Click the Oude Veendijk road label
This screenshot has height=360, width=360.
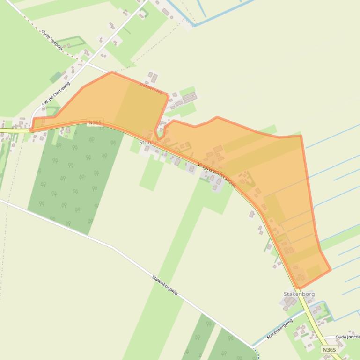click(52, 40)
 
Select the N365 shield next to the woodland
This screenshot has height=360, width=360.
click(94, 122)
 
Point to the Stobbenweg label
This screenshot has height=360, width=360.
click(151, 87)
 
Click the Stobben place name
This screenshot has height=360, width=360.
click(150, 142)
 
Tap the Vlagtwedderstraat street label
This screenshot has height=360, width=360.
click(217, 175)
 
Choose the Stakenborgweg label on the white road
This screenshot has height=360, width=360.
click(165, 285)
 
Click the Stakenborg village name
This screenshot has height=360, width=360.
click(299, 294)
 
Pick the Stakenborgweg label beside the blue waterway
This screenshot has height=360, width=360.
click(279, 329)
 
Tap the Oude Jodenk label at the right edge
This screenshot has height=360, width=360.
click(347, 337)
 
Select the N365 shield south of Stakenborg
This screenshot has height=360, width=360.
click(329, 349)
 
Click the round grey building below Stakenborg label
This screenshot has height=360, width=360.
click(286, 308)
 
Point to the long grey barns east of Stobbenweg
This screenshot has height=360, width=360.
click(189, 98)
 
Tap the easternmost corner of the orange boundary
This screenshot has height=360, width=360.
click(331, 269)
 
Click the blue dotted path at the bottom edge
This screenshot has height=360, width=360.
click(256, 353)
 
